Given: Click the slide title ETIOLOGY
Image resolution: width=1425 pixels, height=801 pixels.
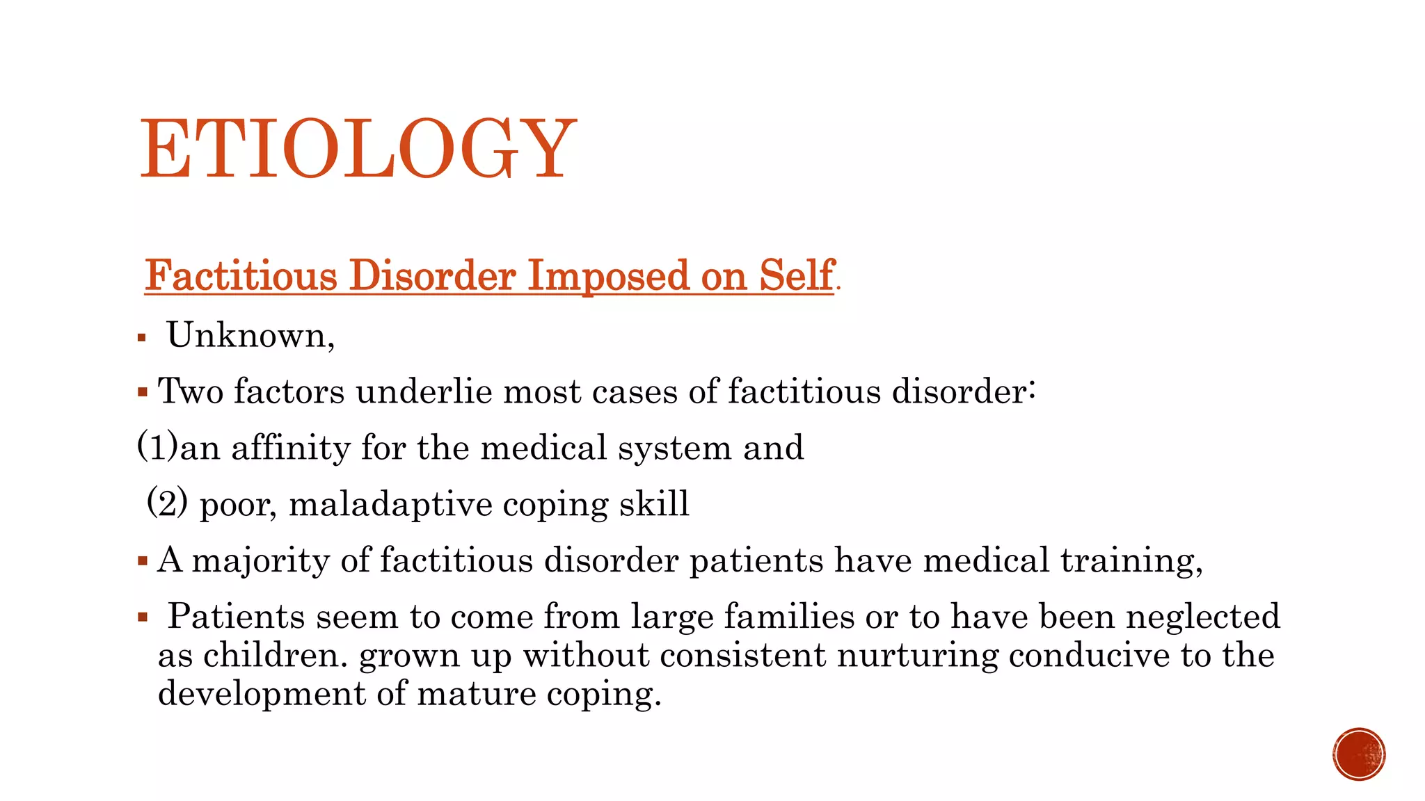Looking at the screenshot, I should pos(358,149).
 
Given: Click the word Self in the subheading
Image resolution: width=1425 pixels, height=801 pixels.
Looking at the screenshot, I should pos(796,275).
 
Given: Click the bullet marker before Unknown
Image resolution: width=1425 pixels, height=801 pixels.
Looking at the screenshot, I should pos(142,339).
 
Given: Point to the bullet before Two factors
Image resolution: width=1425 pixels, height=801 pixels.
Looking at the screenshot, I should pos(143,392).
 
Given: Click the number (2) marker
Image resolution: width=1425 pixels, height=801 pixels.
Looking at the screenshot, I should pos(167,502).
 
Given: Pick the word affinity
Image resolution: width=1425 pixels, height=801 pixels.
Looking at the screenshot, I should pos(291,447).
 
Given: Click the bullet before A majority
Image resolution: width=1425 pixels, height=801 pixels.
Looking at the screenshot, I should pos(143,560).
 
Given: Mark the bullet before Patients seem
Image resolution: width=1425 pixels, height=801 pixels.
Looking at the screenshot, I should pos(143,617).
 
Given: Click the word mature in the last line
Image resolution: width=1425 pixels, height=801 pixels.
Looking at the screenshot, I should pos(477,694).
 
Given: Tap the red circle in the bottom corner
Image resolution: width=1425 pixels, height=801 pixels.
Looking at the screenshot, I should pos(1359,754).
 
